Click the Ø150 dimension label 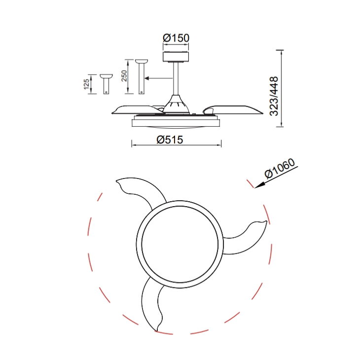coord(176,38)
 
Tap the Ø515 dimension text coord(170,140)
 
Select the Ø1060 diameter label coord(280,168)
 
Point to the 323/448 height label coord(274,96)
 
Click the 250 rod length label coord(124,76)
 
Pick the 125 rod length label coord(86,84)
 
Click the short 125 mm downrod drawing coord(107,84)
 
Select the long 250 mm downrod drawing coord(142,76)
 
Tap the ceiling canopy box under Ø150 coord(176,57)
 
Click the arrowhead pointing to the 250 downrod coord(147,78)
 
